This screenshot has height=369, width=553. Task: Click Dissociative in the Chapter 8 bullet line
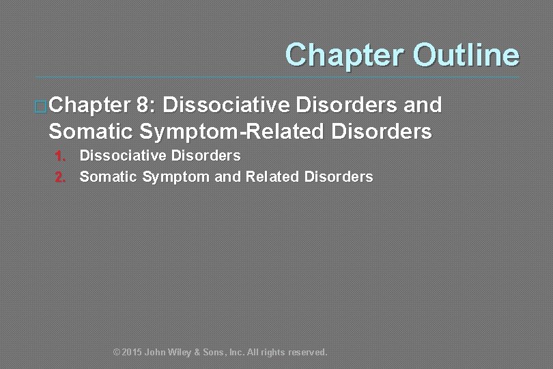click(x=227, y=105)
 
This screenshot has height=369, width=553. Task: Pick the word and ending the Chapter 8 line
click(x=421, y=105)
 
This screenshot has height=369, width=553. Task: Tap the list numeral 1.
click(x=60, y=156)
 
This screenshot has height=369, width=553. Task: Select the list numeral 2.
click(x=60, y=178)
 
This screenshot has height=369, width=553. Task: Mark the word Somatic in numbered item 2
click(x=109, y=177)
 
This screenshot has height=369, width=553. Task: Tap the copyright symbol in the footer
click(x=116, y=353)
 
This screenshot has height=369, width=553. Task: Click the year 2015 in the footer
click(x=132, y=353)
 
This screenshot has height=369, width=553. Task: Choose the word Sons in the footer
click(x=216, y=353)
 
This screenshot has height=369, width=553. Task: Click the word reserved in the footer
click(x=308, y=353)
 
